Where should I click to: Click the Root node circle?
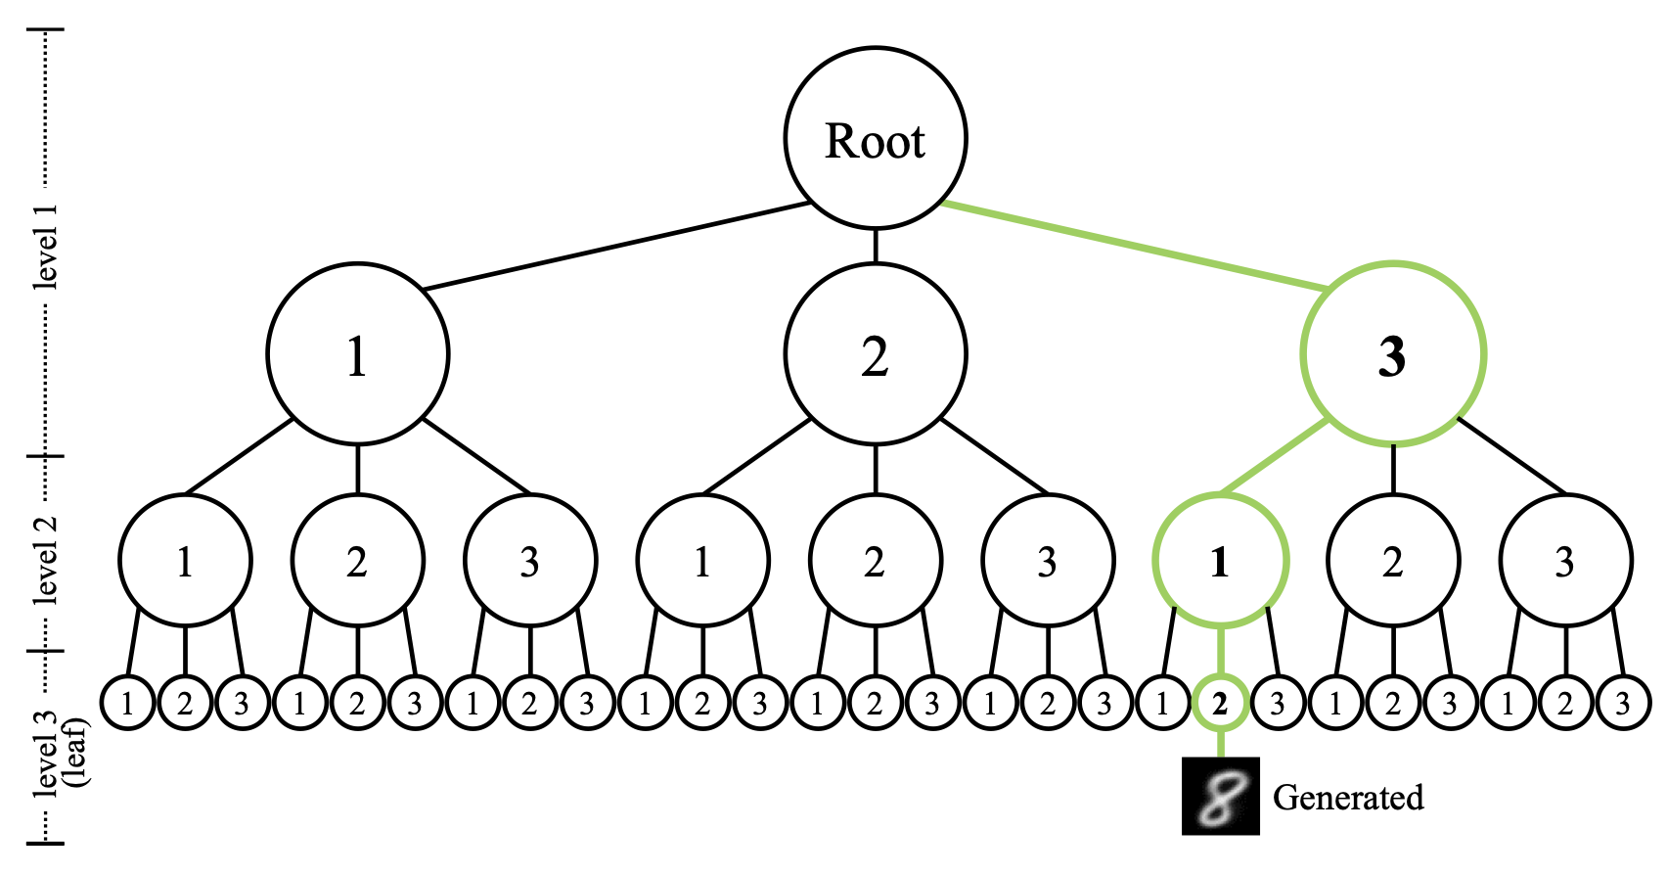876,138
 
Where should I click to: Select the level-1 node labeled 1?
358,353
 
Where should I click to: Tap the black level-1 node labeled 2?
876,353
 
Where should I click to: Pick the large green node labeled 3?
1393,353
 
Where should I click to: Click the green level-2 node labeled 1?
1221,560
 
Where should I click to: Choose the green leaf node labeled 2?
1221,702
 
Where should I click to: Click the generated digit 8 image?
1221,796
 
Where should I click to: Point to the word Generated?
1348,798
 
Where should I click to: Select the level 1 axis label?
45,246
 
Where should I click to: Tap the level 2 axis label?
45,558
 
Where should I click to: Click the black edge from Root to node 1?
616,246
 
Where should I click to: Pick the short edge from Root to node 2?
876,246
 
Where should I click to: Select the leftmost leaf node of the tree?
127,702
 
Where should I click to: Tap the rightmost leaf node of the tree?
1623,702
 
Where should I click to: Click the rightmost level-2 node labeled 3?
1566,560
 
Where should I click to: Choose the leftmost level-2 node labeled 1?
185,560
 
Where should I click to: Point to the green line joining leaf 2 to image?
1221,744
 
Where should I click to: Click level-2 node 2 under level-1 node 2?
876,560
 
